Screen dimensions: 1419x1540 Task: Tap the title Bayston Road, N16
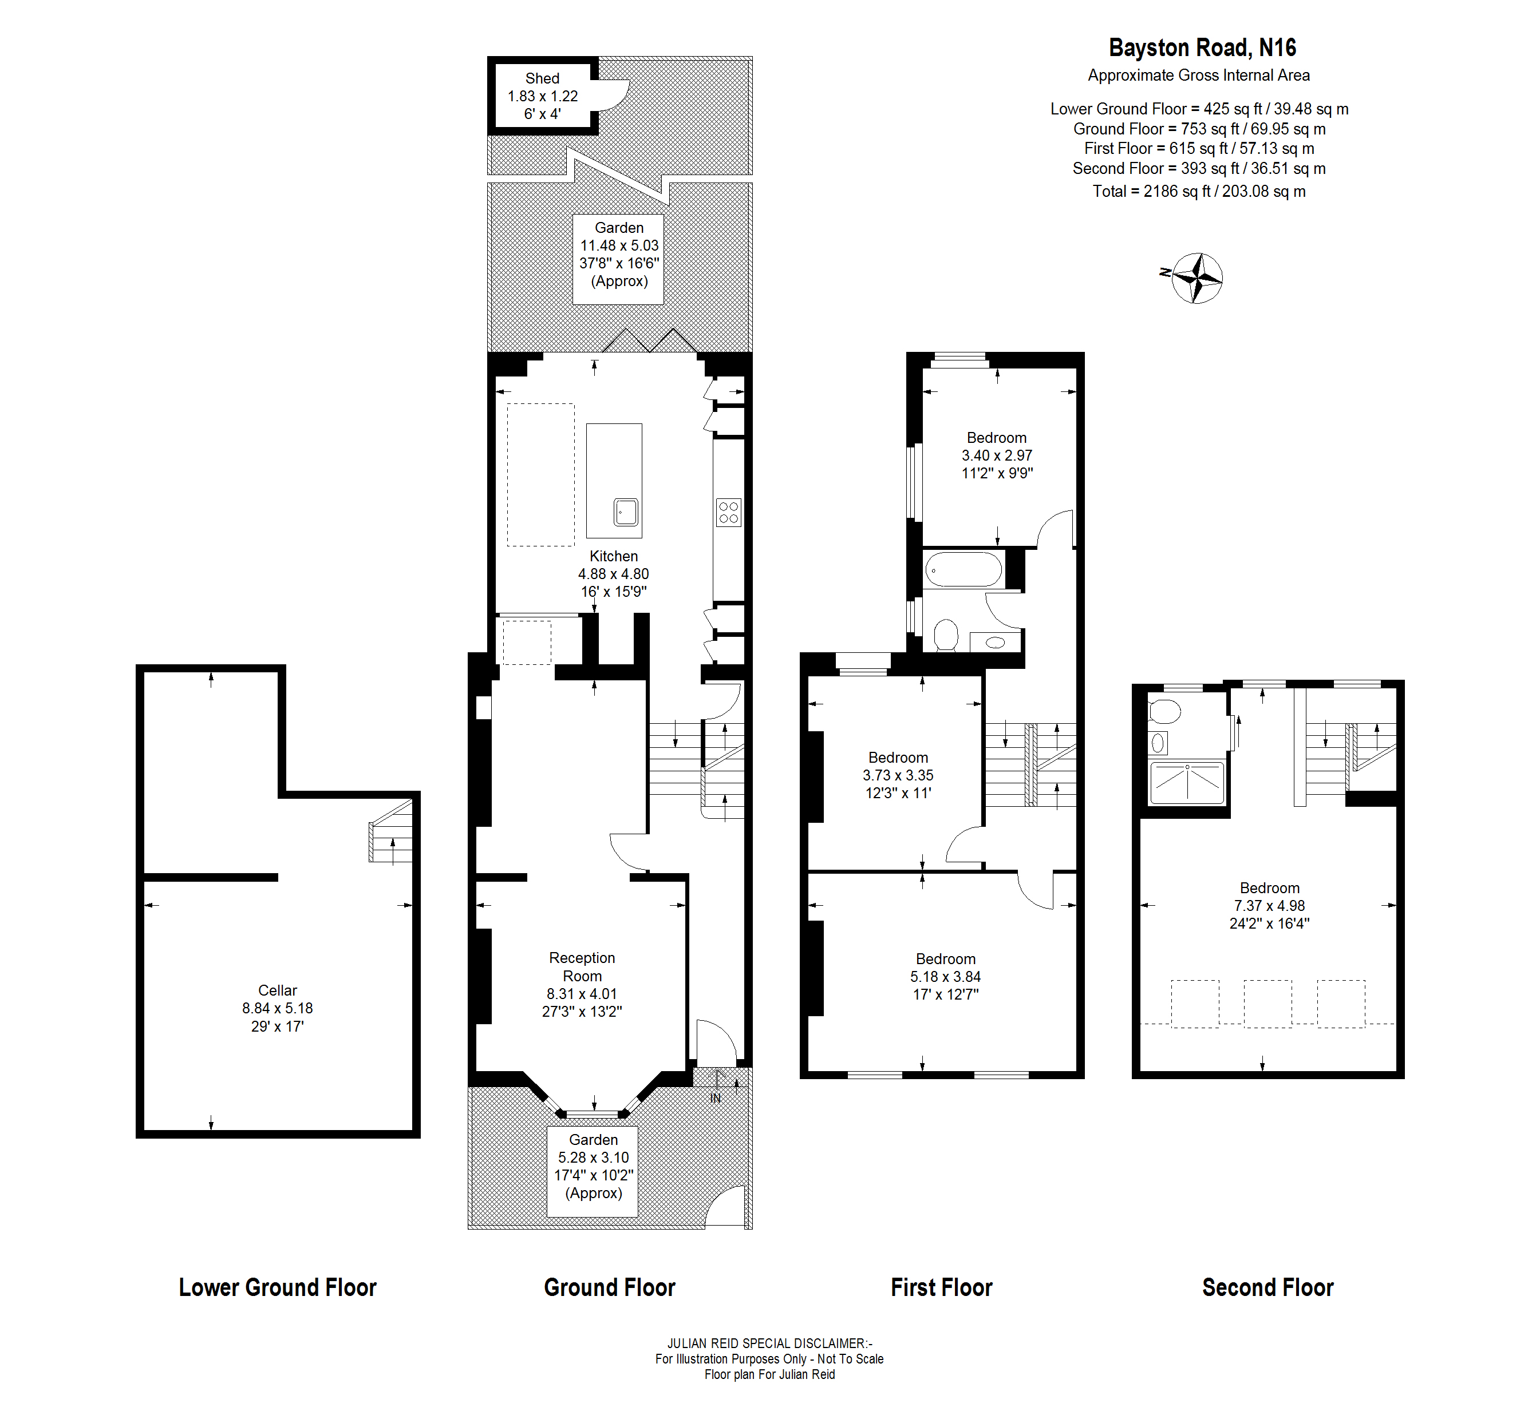(x=1202, y=47)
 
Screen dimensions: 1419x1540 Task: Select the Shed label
(x=542, y=78)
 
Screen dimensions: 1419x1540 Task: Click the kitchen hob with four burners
(x=728, y=512)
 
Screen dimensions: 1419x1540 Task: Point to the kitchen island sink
(x=626, y=512)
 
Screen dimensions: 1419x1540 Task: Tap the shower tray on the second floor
(x=1187, y=782)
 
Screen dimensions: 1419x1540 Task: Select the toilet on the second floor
(x=1164, y=712)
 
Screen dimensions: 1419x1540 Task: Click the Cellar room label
(x=277, y=990)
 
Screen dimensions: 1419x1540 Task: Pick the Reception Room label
(x=582, y=967)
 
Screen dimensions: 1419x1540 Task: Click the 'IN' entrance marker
(x=715, y=1098)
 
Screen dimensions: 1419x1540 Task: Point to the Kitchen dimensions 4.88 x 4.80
(x=613, y=573)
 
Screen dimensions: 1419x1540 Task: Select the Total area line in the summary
(x=1199, y=191)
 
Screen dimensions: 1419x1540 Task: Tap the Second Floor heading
(x=1267, y=1287)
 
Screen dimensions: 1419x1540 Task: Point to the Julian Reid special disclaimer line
(x=769, y=1343)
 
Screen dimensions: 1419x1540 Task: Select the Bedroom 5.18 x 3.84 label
(x=946, y=976)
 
